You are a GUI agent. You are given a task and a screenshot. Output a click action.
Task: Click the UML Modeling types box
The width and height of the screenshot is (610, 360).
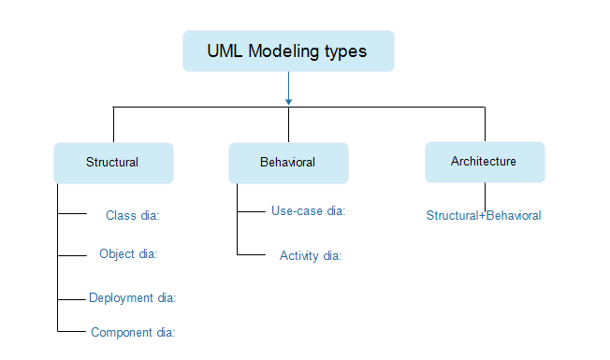(288, 50)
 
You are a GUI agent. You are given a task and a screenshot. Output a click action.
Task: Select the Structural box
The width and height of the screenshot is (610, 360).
(113, 162)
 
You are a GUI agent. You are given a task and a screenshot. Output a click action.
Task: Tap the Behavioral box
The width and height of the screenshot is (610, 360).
(288, 162)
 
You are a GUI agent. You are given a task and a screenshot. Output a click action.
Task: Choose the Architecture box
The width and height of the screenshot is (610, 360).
(484, 161)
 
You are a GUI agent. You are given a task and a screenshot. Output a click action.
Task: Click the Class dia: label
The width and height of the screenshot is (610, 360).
(133, 215)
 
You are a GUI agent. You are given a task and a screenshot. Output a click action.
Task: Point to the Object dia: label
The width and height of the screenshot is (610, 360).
(128, 253)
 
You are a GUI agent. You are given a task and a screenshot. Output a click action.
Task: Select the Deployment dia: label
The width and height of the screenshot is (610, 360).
(133, 298)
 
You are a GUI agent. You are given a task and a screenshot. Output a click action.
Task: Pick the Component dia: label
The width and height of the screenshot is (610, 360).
(133, 332)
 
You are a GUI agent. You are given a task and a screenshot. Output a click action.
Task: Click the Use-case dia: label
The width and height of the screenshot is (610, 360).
(309, 211)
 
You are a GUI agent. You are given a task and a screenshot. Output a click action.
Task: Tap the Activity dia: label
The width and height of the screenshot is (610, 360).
(311, 255)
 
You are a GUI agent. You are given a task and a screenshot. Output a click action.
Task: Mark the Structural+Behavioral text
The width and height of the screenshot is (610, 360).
(484, 216)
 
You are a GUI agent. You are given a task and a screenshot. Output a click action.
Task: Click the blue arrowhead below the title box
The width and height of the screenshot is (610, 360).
(288, 100)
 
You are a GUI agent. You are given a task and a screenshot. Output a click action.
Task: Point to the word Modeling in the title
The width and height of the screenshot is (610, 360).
(284, 51)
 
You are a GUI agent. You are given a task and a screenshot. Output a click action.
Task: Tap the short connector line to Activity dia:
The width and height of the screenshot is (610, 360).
(252, 254)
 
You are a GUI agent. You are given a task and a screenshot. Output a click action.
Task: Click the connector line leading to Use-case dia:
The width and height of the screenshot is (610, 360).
(252, 211)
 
